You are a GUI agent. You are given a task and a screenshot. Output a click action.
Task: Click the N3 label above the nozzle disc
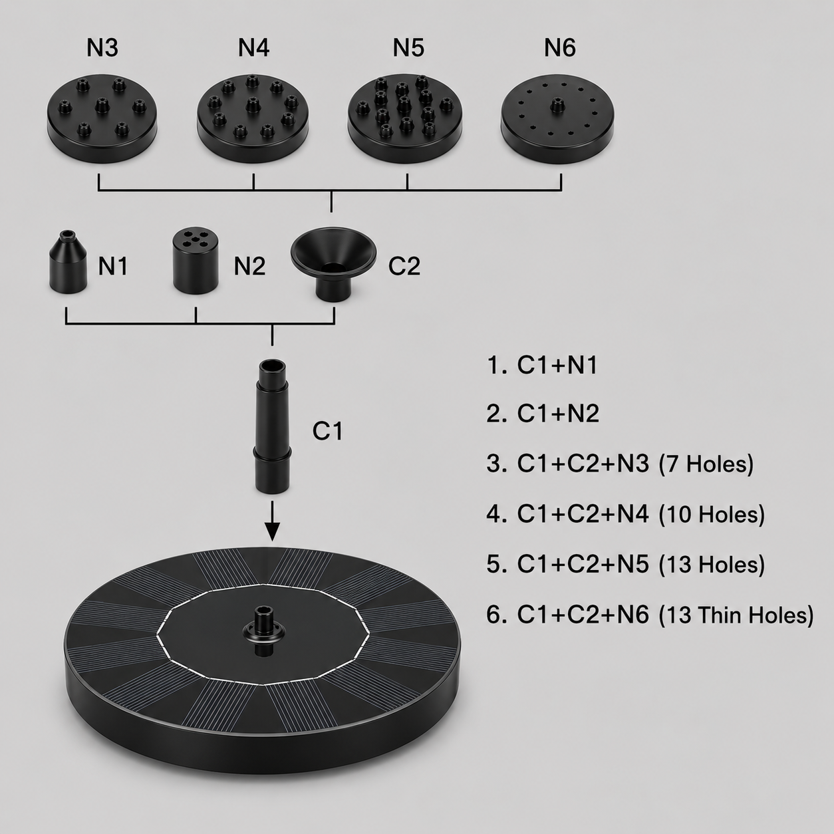pyautogui.click(x=102, y=48)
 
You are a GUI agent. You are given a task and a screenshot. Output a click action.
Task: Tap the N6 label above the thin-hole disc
pyautogui.click(x=559, y=48)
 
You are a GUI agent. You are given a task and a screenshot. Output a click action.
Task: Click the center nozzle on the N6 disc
pyautogui.click(x=557, y=105)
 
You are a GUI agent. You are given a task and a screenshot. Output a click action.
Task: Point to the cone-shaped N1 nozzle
pyautogui.click(x=69, y=262)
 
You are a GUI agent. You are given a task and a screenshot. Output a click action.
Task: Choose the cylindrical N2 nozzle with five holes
pyautogui.click(x=195, y=261)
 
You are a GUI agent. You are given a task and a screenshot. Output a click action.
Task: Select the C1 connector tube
pyautogui.click(x=273, y=426)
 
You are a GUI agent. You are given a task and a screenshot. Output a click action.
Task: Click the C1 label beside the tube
pyautogui.click(x=327, y=431)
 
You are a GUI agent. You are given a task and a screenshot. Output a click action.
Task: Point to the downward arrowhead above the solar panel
pyautogui.click(x=272, y=531)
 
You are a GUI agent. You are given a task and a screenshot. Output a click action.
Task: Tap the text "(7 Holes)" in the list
pyautogui.click(x=706, y=464)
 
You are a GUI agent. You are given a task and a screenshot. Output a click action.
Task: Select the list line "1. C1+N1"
pyautogui.click(x=542, y=365)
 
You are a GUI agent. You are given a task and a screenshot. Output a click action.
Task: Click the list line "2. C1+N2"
pyautogui.click(x=543, y=413)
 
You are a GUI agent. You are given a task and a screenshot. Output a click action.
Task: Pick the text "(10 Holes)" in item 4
pyautogui.click(x=712, y=514)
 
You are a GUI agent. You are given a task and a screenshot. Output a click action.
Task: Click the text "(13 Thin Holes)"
pyautogui.click(x=736, y=615)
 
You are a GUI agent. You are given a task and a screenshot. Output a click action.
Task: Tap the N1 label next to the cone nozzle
pyautogui.click(x=113, y=266)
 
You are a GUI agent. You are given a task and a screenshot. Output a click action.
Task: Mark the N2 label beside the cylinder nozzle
pyautogui.click(x=249, y=266)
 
